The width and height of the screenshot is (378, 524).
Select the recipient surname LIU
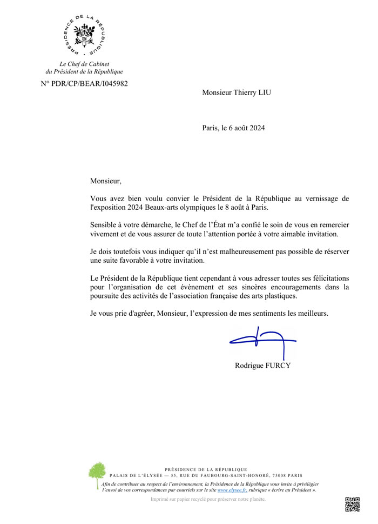[x=262, y=92]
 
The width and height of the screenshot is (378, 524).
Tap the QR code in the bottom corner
[x=352, y=504]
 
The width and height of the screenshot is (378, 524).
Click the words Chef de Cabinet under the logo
[x=84, y=64]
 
